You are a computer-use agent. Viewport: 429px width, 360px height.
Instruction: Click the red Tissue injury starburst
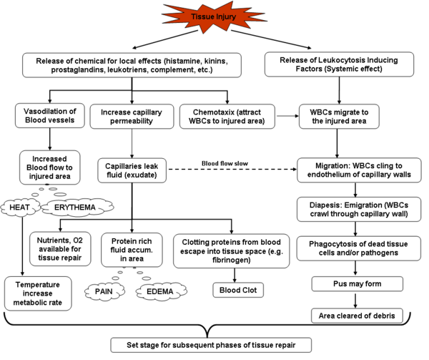pos(214,16)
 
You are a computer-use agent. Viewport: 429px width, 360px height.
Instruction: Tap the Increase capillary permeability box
pos(129,116)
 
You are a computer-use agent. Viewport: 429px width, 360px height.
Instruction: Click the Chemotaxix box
pos(226,116)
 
